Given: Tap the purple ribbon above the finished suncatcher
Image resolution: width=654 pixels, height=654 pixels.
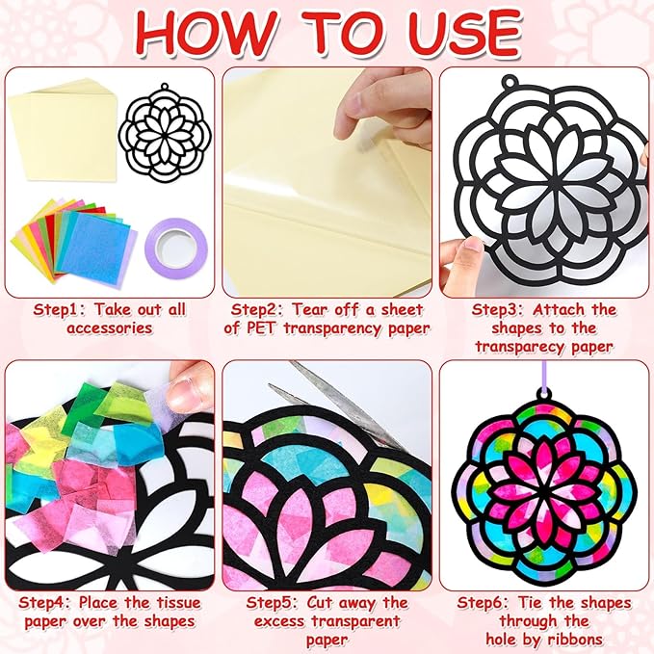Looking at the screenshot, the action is [544, 376].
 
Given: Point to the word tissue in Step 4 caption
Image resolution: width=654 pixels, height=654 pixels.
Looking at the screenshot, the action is [178, 602].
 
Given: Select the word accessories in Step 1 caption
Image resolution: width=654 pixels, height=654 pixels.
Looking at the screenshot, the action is [109, 328].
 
